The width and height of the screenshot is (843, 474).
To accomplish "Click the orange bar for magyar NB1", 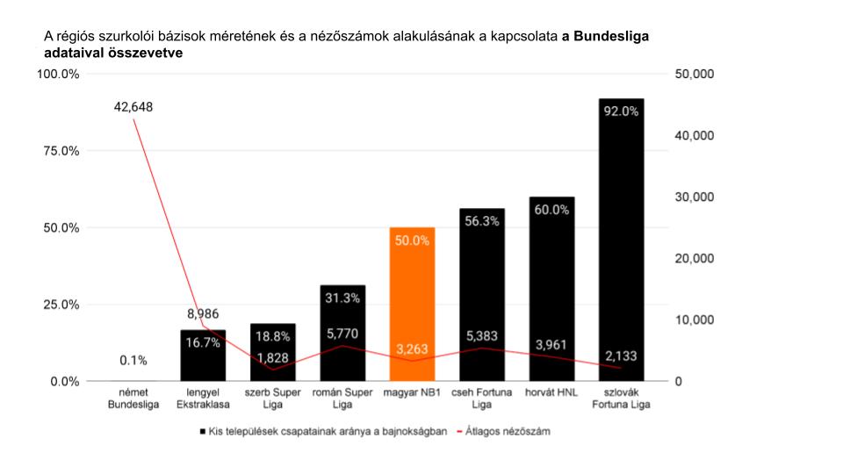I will [412, 304].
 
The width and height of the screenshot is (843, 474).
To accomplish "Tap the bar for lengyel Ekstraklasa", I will [203, 355].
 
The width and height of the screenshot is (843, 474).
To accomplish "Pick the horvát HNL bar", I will [551, 289].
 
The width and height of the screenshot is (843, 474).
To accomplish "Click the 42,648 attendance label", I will [133, 107].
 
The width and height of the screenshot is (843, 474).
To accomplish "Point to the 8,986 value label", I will [203, 313].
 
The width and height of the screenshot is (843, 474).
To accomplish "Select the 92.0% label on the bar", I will [621, 111].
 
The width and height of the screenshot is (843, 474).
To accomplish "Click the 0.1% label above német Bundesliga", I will [133, 361].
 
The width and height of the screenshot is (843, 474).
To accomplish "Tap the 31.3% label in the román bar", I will [342, 298].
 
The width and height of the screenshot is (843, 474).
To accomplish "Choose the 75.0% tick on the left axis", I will [59, 151].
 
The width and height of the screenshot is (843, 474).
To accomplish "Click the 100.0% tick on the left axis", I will [57, 75].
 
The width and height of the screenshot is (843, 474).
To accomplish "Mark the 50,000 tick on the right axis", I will [694, 75].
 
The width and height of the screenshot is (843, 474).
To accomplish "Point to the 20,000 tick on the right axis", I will [694, 259].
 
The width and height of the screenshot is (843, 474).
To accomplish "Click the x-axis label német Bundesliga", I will [133, 398].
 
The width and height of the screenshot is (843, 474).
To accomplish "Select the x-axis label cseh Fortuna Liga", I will [481, 398].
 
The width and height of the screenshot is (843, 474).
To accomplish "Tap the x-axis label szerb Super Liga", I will [272, 398].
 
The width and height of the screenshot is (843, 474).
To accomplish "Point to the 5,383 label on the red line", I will [481, 336].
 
